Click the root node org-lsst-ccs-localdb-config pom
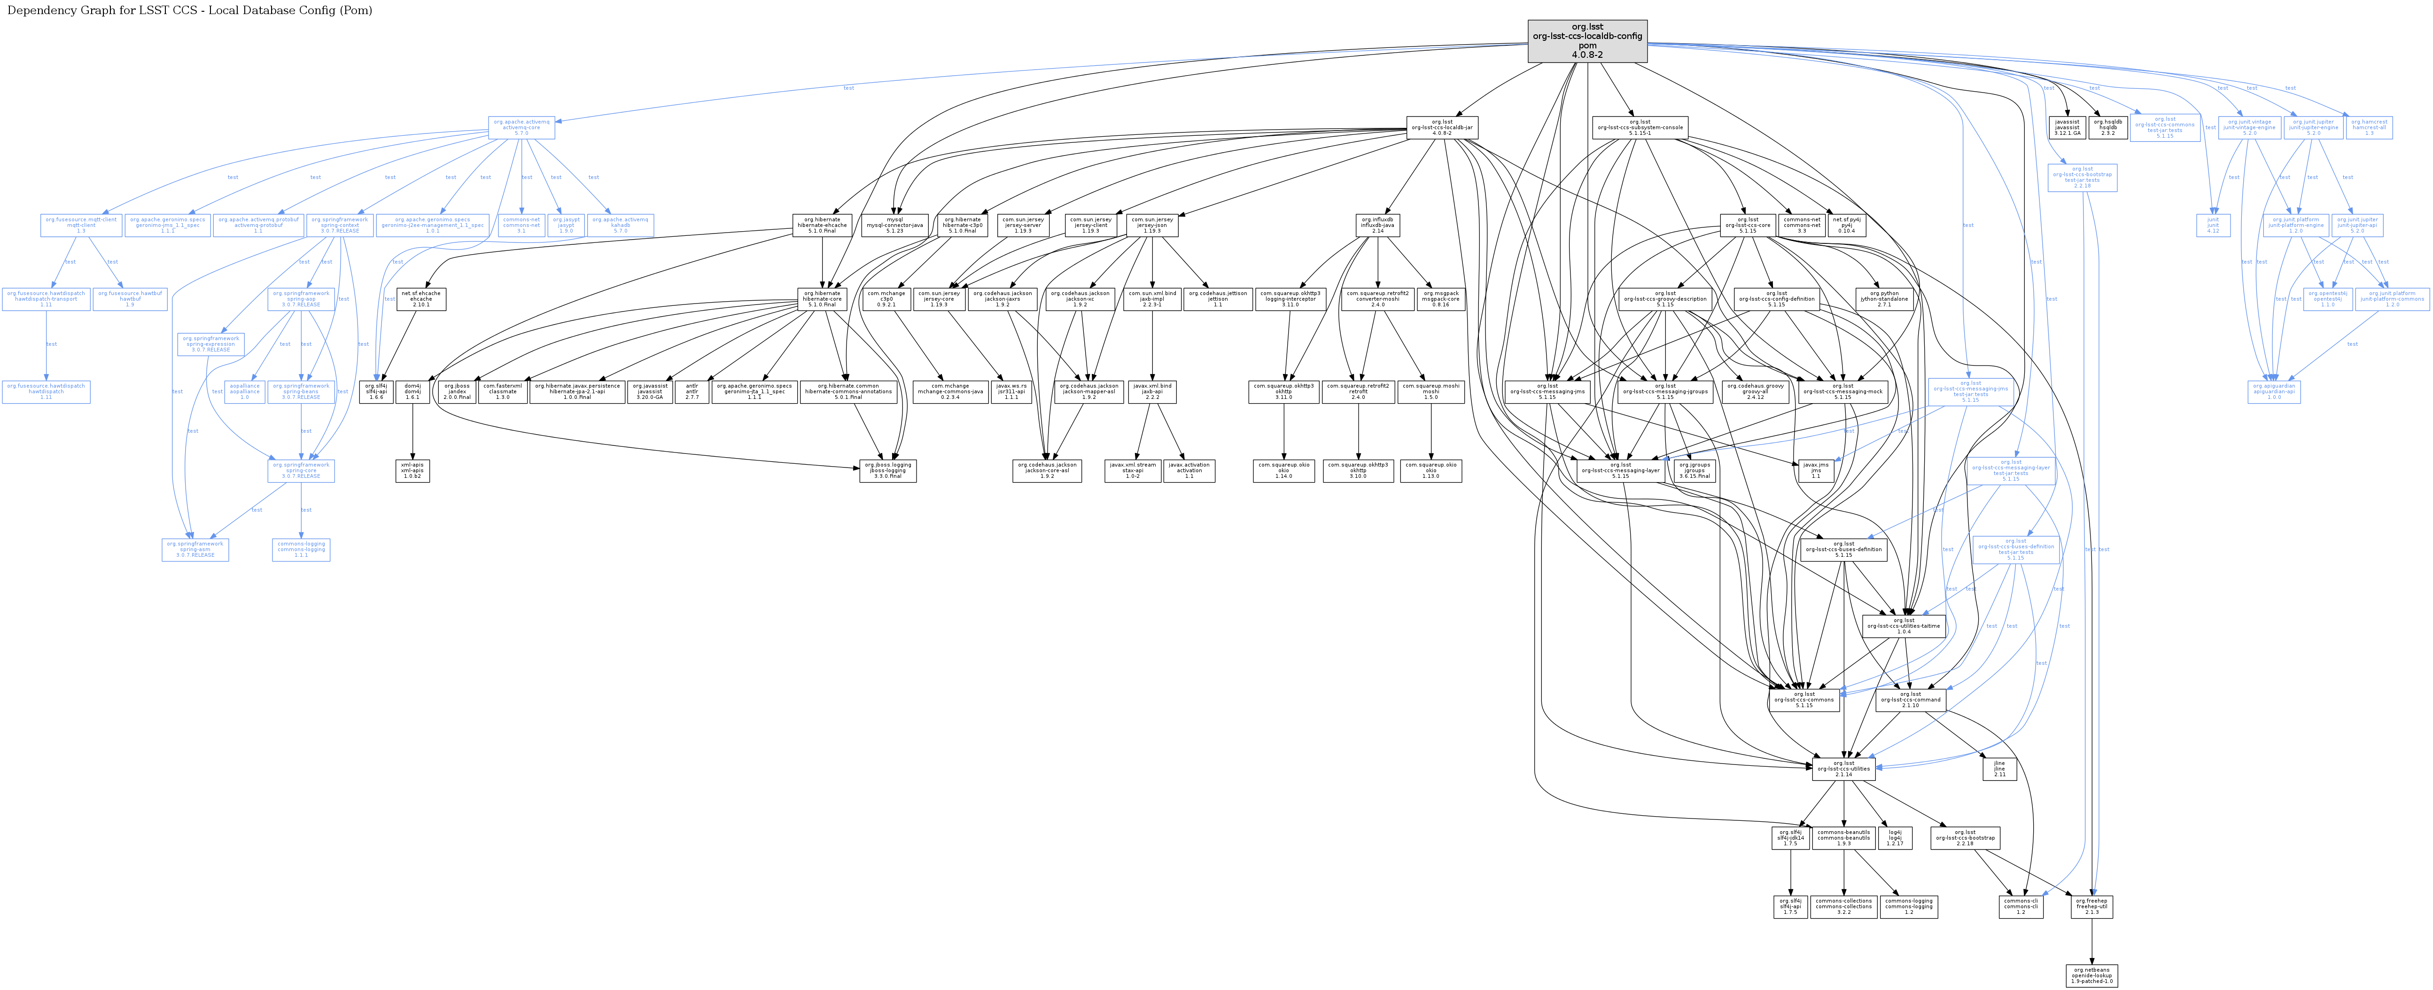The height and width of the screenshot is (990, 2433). click(1587, 41)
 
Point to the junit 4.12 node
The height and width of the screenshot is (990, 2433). click(2213, 225)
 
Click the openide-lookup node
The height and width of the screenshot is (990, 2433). click(2092, 975)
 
